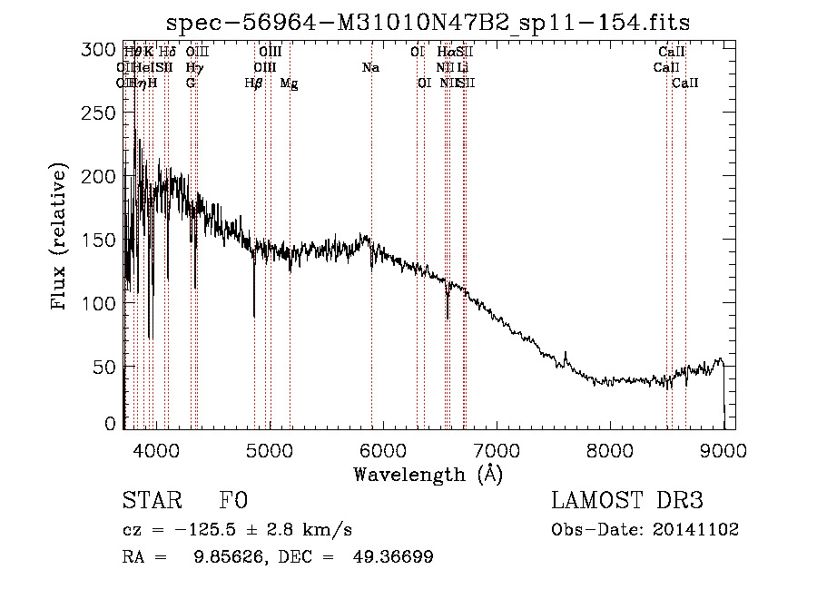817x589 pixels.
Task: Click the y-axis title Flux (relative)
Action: pos(61,238)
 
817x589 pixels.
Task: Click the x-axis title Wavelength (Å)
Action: pos(428,474)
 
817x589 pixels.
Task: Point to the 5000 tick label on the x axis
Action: pos(269,449)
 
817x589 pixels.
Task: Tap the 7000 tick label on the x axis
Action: pos(496,449)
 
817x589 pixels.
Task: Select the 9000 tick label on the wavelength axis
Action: pos(723,449)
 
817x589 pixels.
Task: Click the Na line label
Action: pos(370,68)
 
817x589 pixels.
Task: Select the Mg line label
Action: pos(289,83)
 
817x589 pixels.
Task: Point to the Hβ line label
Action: pos(254,83)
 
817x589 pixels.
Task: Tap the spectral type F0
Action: pos(232,501)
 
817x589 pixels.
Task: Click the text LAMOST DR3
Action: pos(626,501)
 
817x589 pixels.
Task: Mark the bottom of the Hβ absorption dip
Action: pos(254,316)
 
